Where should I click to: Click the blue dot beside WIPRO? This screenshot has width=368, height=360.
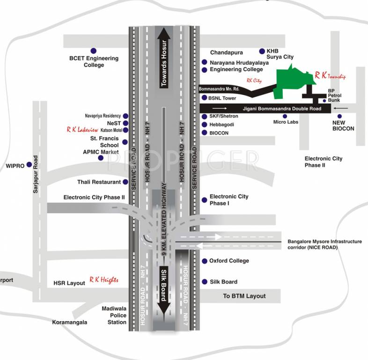(x=29, y=165)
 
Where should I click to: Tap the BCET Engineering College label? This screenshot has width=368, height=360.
(x=94, y=62)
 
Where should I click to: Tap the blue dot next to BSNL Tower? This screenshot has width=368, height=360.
(x=204, y=98)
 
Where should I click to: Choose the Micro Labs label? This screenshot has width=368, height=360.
(x=286, y=122)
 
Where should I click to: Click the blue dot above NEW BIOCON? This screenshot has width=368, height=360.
(x=339, y=116)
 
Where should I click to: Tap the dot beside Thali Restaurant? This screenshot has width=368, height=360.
(x=125, y=182)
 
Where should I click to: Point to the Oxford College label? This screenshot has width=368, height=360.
(x=229, y=261)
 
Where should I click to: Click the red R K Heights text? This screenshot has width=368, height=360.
(x=104, y=280)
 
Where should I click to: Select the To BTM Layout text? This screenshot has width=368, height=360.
(x=244, y=296)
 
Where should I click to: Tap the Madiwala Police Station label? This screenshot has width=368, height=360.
(x=114, y=315)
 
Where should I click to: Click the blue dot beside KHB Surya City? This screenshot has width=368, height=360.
(x=262, y=51)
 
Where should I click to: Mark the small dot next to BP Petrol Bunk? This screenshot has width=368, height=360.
(x=324, y=100)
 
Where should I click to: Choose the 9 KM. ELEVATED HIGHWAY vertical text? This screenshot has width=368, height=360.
(x=164, y=220)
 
